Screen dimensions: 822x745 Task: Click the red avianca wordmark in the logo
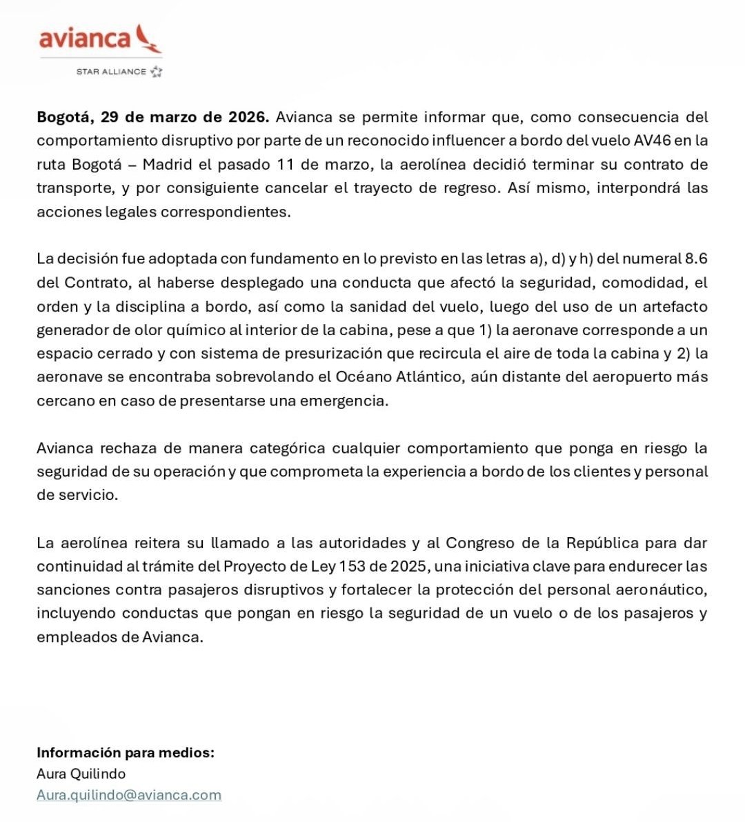(84, 39)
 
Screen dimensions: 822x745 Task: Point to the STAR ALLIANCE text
(111, 71)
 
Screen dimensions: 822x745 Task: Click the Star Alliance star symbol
(157, 71)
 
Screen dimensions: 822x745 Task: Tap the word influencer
(470, 141)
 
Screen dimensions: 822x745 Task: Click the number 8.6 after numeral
(695, 259)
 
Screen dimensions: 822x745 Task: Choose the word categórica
(287, 448)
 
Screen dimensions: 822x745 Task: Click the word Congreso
(480, 543)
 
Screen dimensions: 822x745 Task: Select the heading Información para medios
(126, 752)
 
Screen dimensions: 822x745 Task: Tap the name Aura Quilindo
(81, 774)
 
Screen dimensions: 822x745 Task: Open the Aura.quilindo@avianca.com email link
(129, 794)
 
